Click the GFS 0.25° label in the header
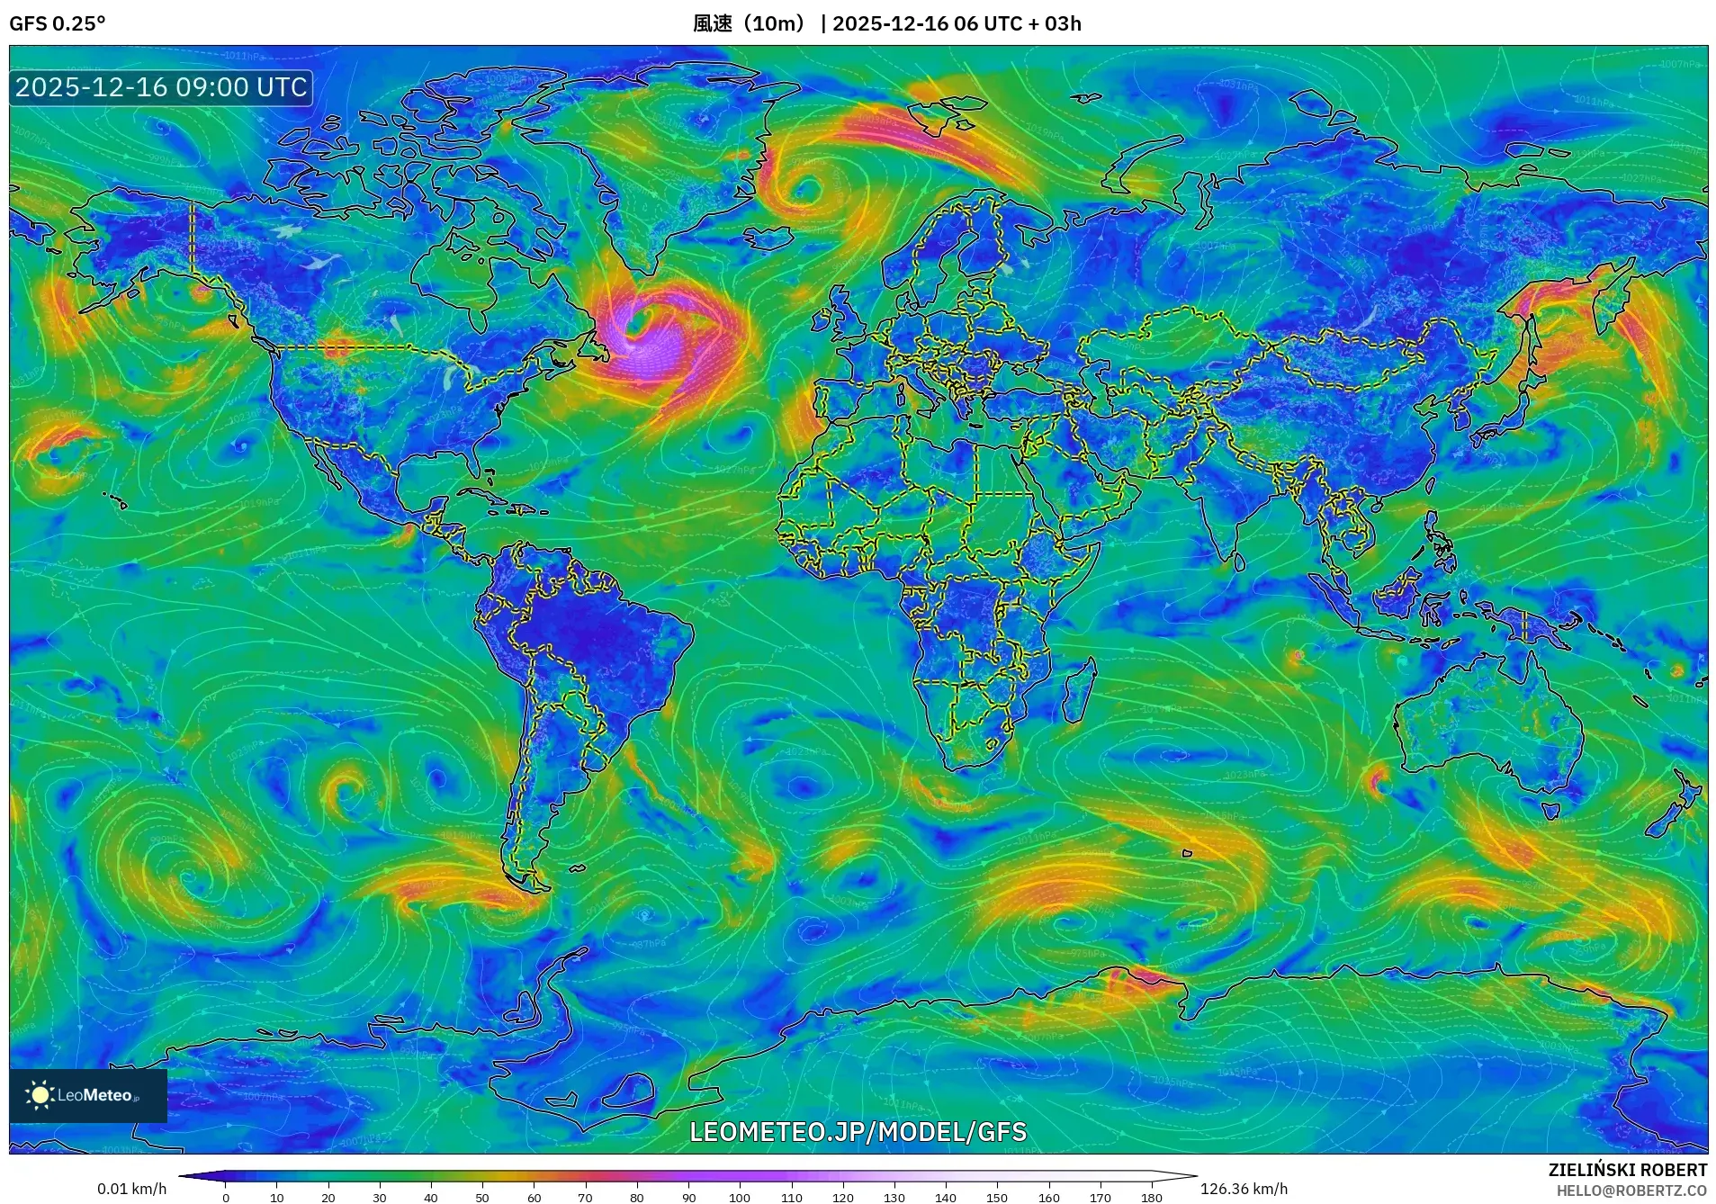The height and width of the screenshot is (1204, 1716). [x=57, y=23]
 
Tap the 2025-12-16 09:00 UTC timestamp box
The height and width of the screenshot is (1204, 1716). [x=161, y=87]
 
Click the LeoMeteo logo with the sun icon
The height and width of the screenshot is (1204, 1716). [x=87, y=1095]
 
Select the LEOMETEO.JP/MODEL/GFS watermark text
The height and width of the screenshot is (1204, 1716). [x=858, y=1131]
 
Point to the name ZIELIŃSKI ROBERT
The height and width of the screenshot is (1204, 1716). [x=1627, y=1170]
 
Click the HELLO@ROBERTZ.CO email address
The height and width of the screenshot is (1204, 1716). [x=1631, y=1191]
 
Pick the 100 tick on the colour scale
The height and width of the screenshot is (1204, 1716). [x=740, y=1197]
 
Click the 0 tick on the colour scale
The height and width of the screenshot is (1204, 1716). [x=226, y=1197]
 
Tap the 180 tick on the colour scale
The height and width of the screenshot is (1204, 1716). [x=1151, y=1197]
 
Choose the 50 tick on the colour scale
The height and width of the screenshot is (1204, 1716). [x=482, y=1197]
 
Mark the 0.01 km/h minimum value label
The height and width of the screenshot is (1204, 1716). [x=131, y=1189]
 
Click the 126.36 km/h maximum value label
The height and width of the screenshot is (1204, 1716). [x=1244, y=1189]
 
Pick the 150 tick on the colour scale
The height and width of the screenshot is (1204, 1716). [x=997, y=1197]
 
